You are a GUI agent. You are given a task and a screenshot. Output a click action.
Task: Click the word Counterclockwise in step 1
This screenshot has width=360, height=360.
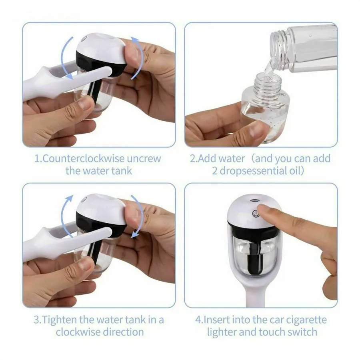(83, 159)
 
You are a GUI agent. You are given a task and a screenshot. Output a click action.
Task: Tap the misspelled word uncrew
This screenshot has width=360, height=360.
(144, 159)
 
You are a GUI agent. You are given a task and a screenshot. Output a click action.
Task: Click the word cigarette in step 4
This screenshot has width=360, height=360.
(305, 320)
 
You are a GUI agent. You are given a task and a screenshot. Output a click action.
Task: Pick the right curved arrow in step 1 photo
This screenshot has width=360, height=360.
(138, 58)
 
